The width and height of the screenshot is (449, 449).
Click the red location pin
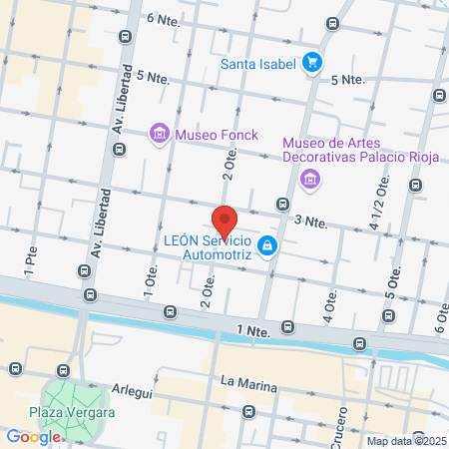pyautogui.click(x=224, y=221)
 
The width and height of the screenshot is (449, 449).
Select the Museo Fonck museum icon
pyautogui.click(x=159, y=134)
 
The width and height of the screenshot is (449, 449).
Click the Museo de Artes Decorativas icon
pyautogui.click(x=310, y=180)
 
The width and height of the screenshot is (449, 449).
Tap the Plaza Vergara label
pyautogui.click(x=72, y=413)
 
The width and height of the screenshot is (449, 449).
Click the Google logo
pyautogui.click(x=33, y=436)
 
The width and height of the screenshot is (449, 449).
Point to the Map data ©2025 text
pyautogui.click(x=405, y=441)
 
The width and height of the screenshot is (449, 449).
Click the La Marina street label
pyautogui.click(x=242, y=381)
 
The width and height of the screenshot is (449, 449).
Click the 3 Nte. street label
pyautogui.click(x=310, y=221)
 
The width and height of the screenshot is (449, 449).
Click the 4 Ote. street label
pyautogui.click(x=328, y=308)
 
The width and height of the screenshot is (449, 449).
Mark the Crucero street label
pyautogui.click(x=340, y=421)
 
